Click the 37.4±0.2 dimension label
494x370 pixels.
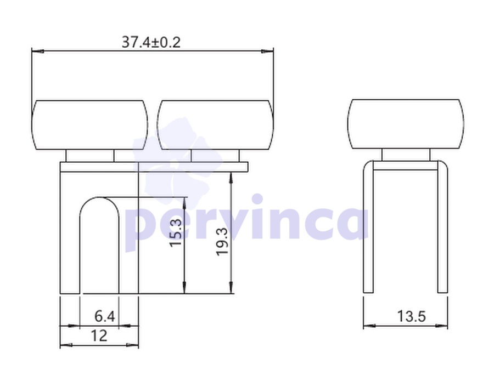[151, 42]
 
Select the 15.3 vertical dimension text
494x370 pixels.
[176, 233]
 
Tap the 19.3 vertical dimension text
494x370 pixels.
[222, 241]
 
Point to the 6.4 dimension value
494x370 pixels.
[105, 316]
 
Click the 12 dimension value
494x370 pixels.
[99, 335]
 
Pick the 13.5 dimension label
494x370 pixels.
[412, 316]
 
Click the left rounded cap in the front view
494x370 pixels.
[90, 125]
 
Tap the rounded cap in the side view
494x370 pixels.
[406, 124]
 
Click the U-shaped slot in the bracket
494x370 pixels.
[80, 246]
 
